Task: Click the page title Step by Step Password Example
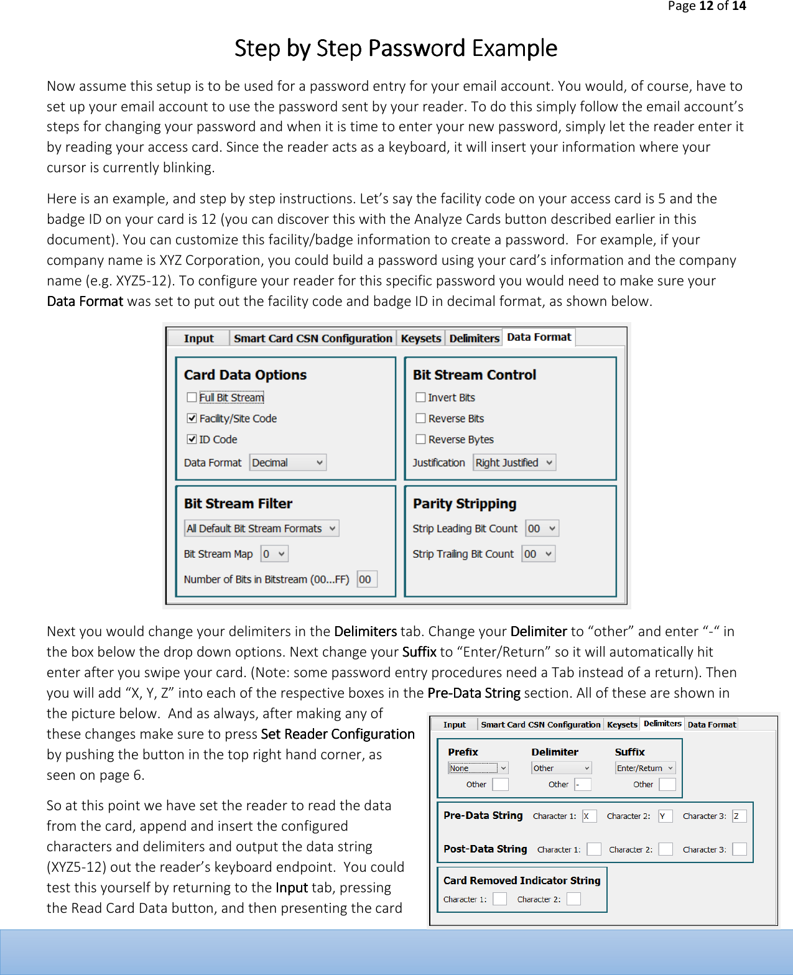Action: point(396,49)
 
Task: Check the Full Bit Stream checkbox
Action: point(192,397)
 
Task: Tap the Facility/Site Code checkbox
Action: point(192,418)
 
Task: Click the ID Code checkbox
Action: point(192,439)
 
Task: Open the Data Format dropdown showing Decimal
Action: point(288,463)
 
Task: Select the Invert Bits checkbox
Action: point(421,397)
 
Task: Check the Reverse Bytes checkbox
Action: point(421,439)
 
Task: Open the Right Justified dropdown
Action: point(514,463)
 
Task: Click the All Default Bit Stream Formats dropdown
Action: point(261,529)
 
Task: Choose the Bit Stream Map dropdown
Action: point(274,554)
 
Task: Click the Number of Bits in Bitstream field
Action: point(367,580)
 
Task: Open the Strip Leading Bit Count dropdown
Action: point(542,529)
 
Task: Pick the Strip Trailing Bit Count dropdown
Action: point(538,554)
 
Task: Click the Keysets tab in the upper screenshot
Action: point(421,338)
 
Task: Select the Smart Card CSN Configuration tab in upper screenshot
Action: point(313,338)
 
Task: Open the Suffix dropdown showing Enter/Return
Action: point(645,768)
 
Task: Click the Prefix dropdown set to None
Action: point(478,768)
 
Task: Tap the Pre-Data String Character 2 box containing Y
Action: point(665,816)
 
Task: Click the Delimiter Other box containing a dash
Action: point(582,785)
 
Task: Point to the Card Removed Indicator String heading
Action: point(522,880)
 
